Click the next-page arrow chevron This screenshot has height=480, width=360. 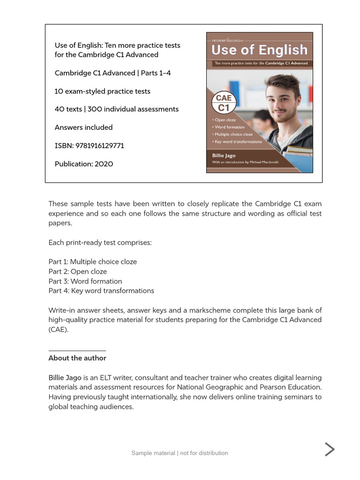point(330,450)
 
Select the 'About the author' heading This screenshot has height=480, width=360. point(77,358)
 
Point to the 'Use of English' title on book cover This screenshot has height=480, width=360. point(259,50)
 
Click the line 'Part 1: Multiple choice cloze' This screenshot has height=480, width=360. point(93,262)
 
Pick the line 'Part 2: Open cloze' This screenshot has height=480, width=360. point(78,272)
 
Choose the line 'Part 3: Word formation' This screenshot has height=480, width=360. point(85,281)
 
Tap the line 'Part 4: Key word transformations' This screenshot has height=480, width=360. point(101,291)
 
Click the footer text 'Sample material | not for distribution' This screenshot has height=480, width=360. point(180,453)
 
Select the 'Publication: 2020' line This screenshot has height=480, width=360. point(84,164)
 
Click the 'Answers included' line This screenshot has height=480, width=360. point(84,127)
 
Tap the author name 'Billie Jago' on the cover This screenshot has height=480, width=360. point(224,156)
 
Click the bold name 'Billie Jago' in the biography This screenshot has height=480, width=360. point(65,378)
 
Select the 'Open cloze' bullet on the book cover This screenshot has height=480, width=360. point(225,120)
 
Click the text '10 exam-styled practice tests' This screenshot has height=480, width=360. point(103,91)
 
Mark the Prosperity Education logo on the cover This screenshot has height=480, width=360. point(228,40)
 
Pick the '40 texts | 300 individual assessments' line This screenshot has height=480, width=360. point(117,109)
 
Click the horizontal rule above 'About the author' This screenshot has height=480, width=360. point(77,351)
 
